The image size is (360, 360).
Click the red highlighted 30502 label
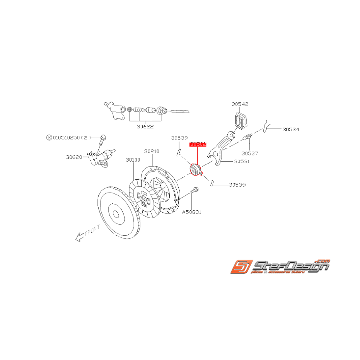pyautogui.click(x=198, y=144)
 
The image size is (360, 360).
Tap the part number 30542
pyautogui.click(x=240, y=104)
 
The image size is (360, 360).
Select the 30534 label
pyautogui.click(x=290, y=130)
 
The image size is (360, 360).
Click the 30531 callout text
pyautogui.click(x=242, y=161)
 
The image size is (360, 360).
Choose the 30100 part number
pyautogui.click(x=133, y=159)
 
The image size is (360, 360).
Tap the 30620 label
pyautogui.click(x=74, y=157)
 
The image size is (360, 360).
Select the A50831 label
pyautogui.click(x=192, y=212)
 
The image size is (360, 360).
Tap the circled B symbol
pyautogui.click(x=49, y=137)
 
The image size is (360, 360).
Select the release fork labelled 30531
pyautogui.click(x=221, y=149)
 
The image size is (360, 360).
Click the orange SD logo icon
pyautogui.click(x=241, y=266)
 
